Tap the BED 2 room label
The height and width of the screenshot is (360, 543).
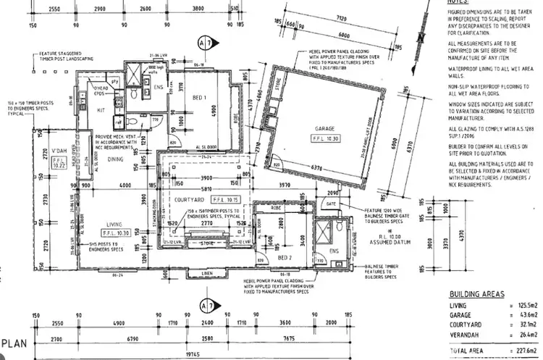pos(285,256)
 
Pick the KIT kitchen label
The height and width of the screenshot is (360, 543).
pos(101,110)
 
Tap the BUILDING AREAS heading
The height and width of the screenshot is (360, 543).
pos(476,296)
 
